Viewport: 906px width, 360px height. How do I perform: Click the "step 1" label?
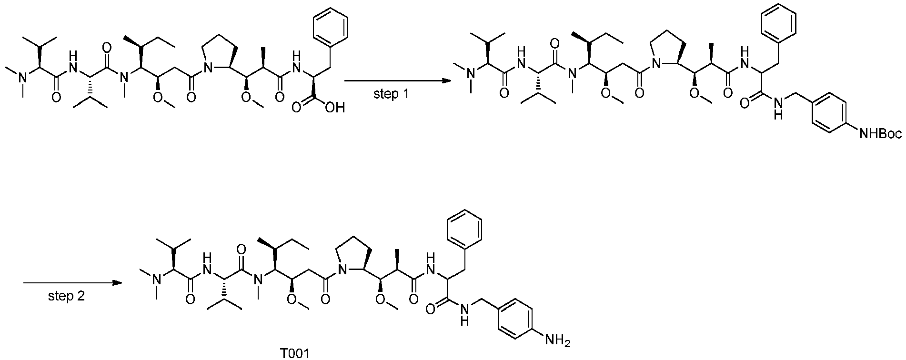[392, 94]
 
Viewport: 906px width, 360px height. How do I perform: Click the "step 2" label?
[67, 297]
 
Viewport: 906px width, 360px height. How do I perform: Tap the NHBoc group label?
[879, 135]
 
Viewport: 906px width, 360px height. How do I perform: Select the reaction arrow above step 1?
[398, 80]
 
